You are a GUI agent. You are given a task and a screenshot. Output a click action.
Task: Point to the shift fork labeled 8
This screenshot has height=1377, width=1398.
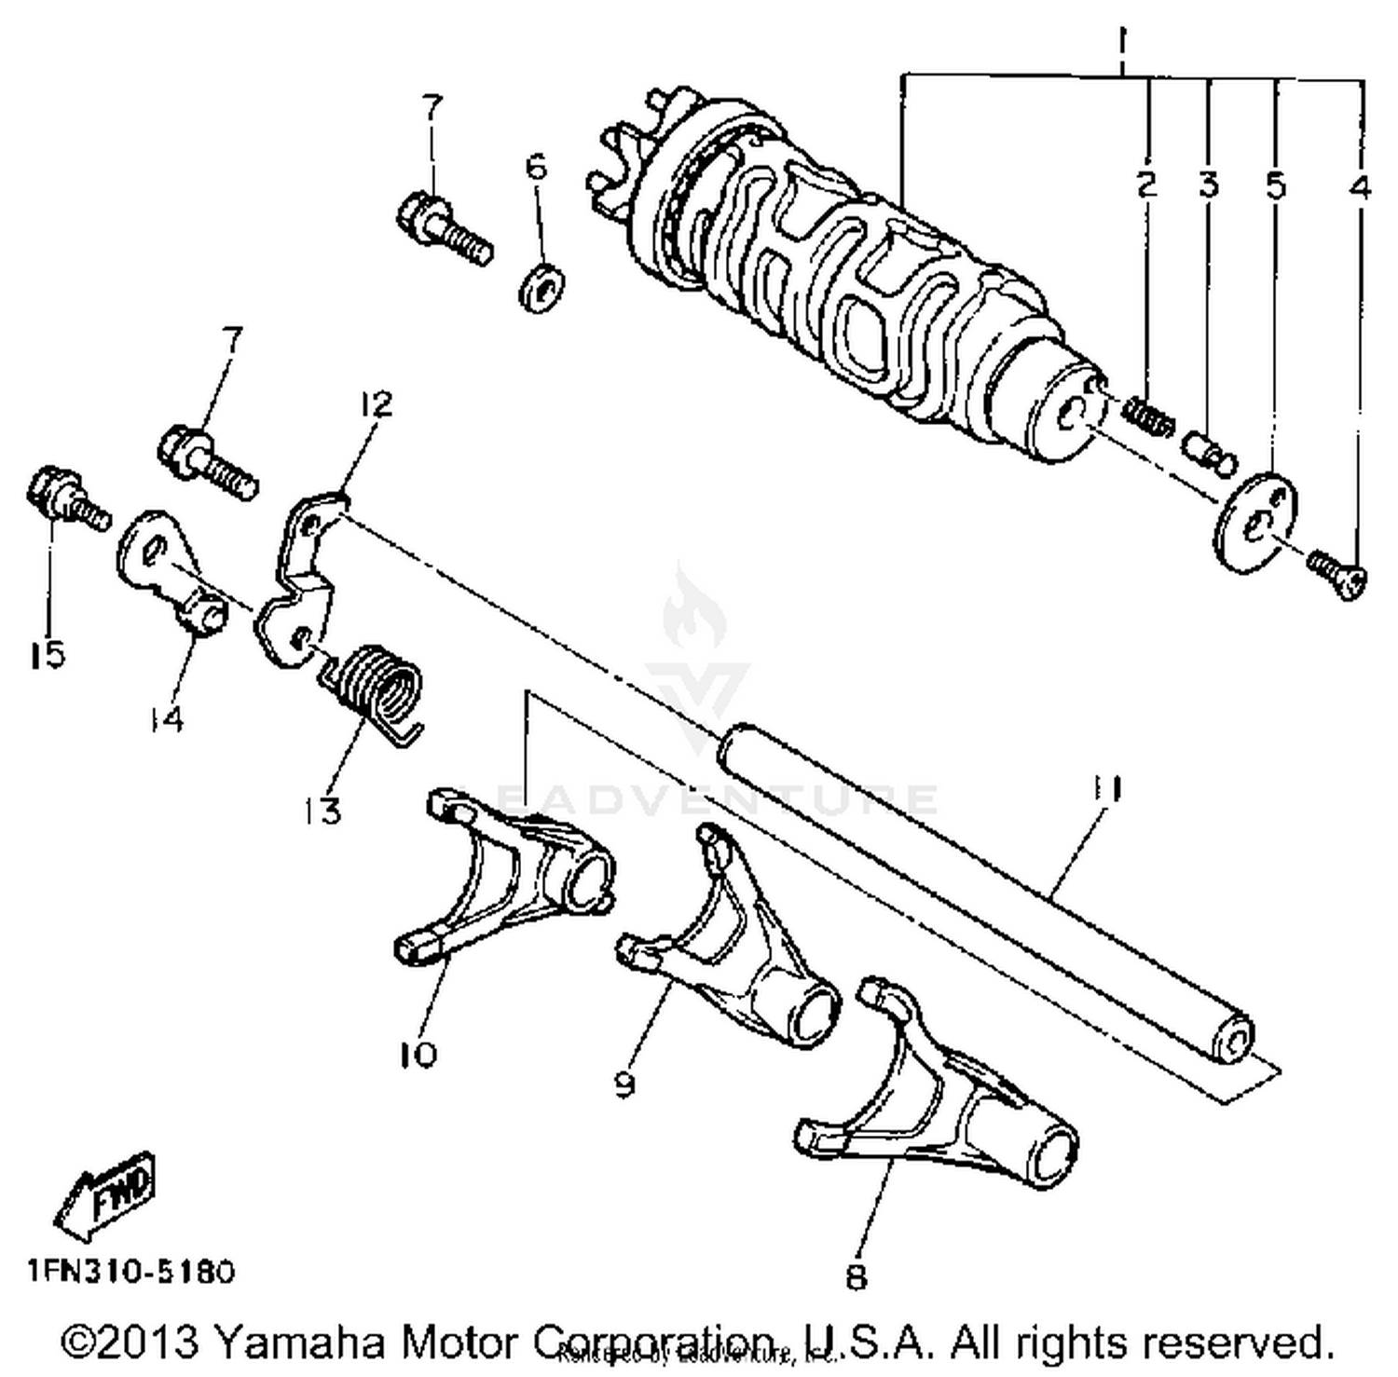tap(941, 1099)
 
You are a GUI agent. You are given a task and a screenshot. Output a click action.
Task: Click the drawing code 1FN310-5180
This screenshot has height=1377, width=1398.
tap(130, 1270)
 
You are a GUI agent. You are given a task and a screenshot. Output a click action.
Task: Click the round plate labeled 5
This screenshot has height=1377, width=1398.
tap(1255, 523)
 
